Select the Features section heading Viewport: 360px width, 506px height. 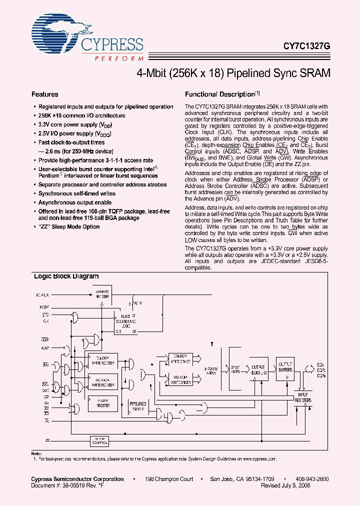pos(45,94)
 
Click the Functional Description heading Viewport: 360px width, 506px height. pos(220,94)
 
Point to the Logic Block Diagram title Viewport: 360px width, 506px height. pos(66,276)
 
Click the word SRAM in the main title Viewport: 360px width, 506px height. pos(314,72)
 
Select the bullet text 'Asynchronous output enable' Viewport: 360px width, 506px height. pos(75,202)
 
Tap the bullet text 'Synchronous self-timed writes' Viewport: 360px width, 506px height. pos(77,193)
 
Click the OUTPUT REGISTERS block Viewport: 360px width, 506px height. pos(258,370)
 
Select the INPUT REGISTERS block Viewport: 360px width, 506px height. pos(302,398)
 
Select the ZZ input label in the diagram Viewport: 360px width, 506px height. pos(47,440)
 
